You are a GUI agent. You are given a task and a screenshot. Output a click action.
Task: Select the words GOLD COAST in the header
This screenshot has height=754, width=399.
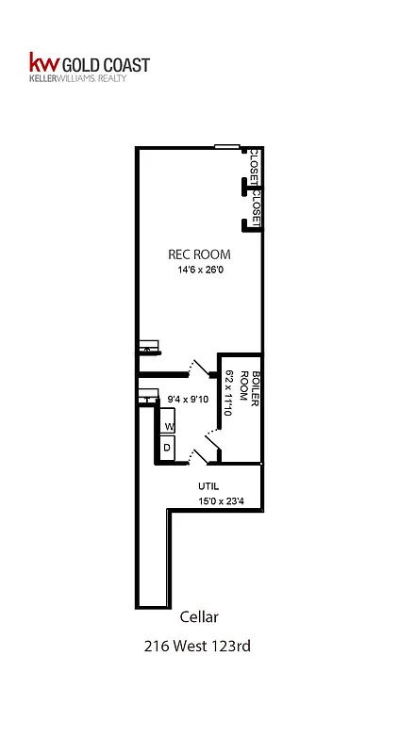coord(105,64)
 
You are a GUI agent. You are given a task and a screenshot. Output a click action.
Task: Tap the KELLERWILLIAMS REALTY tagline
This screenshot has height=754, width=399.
coord(91,79)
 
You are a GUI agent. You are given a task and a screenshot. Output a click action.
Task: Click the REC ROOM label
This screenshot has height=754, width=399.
coord(198,254)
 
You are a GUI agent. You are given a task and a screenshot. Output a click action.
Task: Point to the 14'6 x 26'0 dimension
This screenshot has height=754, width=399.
coord(198,270)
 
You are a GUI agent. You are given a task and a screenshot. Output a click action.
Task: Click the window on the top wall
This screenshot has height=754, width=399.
coord(226,146)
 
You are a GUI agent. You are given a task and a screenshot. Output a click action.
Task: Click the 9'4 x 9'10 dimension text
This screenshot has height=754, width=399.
coord(186,400)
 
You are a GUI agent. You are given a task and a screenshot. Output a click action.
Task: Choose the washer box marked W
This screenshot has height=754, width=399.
coord(168,426)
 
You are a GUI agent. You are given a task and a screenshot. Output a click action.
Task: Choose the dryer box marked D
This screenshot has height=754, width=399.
coord(167,447)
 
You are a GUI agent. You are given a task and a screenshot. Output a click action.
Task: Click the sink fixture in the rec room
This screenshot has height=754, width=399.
coord(147,347)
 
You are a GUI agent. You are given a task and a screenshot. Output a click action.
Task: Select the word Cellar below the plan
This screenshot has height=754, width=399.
coord(199,617)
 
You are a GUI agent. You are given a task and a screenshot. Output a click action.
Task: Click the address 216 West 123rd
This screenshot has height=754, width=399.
coord(199,647)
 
